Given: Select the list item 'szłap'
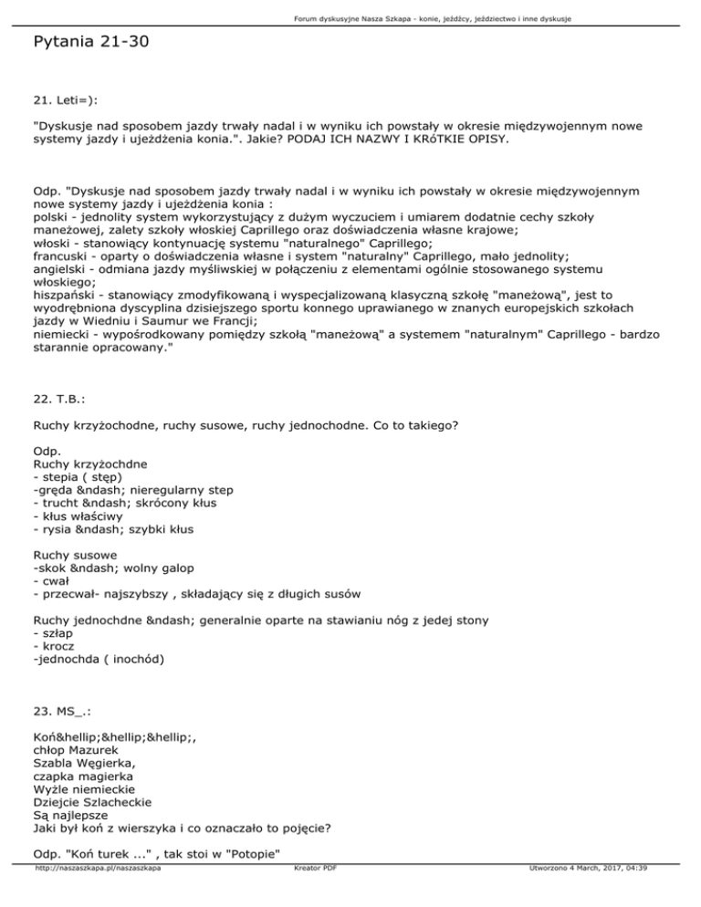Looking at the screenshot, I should [x=57, y=633].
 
